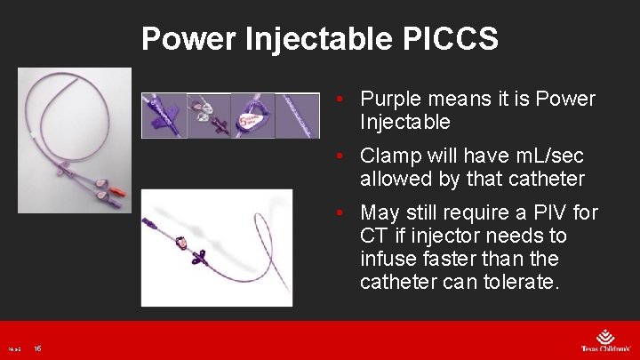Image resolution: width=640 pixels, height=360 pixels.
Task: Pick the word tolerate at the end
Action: (x=525, y=283)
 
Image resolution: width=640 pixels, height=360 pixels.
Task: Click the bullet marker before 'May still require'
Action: (x=339, y=214)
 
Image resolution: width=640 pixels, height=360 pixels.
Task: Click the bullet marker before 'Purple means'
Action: (x=339, y=100)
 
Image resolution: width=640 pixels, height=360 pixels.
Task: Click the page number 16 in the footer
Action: (x=37, y=348)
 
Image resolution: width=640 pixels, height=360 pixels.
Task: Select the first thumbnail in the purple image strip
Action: (x=164, y=116)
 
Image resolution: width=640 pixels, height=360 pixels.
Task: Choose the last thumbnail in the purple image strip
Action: (x=297, y=116)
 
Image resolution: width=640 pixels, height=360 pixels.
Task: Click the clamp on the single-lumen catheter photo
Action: (x=180, y=242)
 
